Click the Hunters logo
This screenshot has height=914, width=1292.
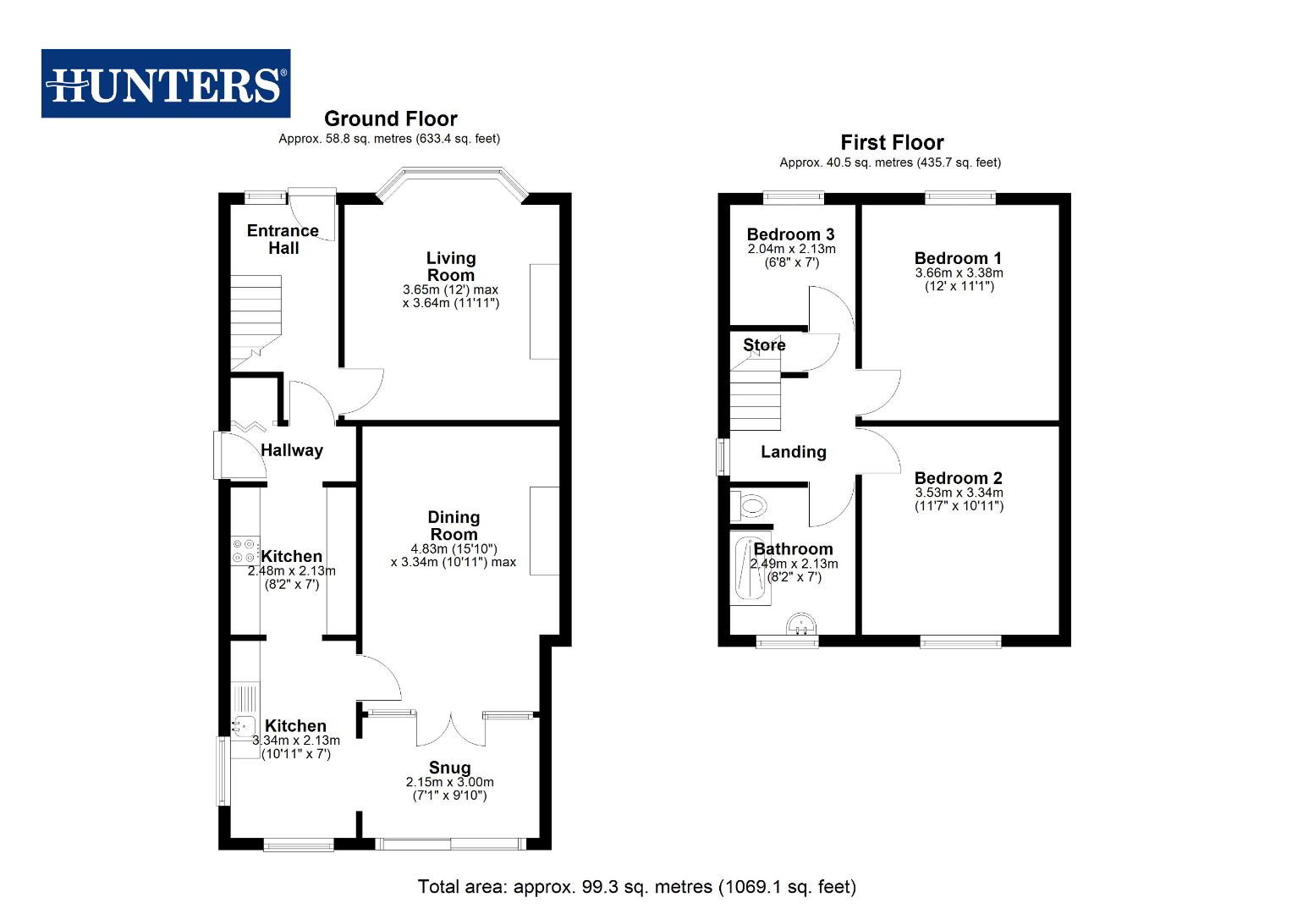(x=166, y=84)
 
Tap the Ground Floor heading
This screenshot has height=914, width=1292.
(x=390, y=119)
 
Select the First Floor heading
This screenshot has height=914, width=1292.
(x=891, y=143)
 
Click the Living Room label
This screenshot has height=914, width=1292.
(x=451, y=267)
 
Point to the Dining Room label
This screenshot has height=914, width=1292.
(x=454, y=526)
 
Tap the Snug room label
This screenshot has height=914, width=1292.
(x=449, y=768)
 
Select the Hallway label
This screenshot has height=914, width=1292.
(x=292, y=450)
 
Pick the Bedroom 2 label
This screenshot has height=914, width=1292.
(x=958, y=478)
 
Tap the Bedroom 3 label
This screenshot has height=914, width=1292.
(x=790, y=234)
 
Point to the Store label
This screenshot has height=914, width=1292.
(x=764, y=345)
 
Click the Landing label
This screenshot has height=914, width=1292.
(x=793, y=452)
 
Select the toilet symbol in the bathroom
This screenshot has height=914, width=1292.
(x=749, y=507)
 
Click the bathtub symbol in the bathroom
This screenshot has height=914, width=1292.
(x=750, y=569)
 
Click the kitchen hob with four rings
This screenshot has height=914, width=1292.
(x=245, y=551)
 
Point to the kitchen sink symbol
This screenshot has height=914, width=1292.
(x=245, y=724)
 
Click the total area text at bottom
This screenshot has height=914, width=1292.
(x=636, y=887)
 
